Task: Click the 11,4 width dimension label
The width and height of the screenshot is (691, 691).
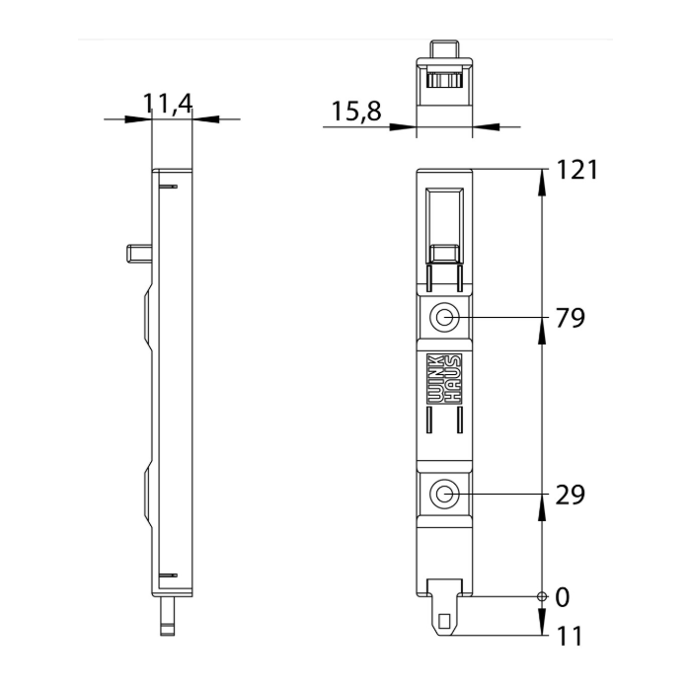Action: tap(168, 105)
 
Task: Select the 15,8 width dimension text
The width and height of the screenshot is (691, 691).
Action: tap(356, 111)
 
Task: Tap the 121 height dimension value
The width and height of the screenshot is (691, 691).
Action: tap(577, 170)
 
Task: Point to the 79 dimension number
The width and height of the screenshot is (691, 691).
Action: tap(571, 318)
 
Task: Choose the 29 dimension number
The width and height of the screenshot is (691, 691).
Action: tap(571, 495)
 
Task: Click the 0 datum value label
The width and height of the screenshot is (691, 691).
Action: tap(563, 597)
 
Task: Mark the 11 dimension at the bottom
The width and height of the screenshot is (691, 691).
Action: tap(570, 636)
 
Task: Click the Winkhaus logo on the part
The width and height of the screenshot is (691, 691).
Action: tap(444, 378)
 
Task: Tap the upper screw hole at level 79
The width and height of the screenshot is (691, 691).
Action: tap(444, 317)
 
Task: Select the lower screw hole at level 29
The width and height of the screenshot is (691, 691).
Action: tap(444, 495)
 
